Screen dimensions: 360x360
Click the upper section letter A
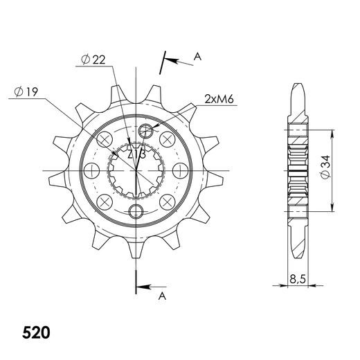(x=197, y=57)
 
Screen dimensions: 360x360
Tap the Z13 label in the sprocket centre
(x=136, y=156)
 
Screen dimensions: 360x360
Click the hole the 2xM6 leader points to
(x=145, y=131)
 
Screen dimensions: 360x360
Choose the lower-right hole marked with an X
(x=166, y=201)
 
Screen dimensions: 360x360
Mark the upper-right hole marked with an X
(x=166, y=139)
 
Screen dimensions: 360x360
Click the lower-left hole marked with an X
(x=105, y=201)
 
